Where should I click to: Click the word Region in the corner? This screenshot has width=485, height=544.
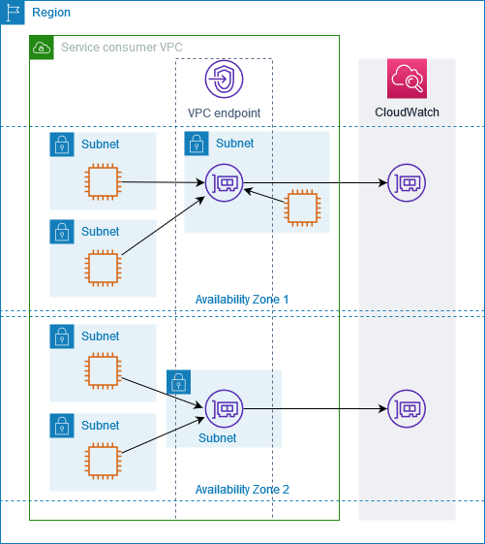tap(50, 13)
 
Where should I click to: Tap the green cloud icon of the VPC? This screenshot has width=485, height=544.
tap(42, 47)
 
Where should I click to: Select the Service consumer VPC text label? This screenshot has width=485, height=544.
tap(121, 48)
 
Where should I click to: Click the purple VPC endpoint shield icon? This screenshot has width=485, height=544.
tap(224, 79)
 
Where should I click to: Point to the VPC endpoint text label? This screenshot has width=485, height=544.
tap(224, 112)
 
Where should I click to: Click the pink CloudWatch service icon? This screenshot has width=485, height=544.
tap(407, 79)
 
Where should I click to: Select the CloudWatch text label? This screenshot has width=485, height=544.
tap(407, 112)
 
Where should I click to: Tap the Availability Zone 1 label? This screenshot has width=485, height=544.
tap(242, 299)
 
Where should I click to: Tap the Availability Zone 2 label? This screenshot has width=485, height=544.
tap(242, 489)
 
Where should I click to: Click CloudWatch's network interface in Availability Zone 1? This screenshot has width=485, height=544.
tap(406, 182)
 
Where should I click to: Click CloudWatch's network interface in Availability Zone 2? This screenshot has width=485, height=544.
tap(406, 409)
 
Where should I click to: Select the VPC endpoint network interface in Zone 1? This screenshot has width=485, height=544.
tap(224, 182)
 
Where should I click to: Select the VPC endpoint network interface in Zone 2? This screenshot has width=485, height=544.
tap(224, 409)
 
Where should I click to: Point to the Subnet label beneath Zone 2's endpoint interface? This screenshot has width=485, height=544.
tap(217, 438)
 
